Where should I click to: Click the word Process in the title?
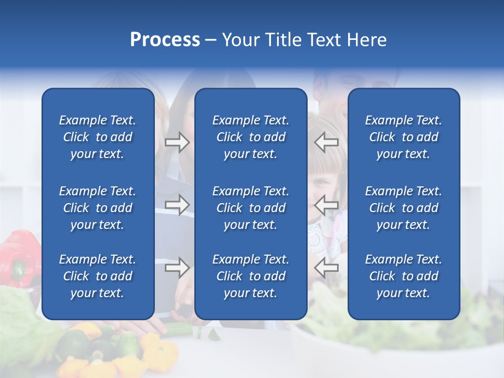click(165, 40)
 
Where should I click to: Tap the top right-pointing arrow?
click(177, 142)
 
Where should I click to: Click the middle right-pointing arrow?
click(177, 205)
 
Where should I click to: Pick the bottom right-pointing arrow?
click(177, 268)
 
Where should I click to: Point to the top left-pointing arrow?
click(327, 142)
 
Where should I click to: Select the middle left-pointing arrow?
click(327, 205)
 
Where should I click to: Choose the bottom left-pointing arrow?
click(327, 268)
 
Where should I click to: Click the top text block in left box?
click(98, 137)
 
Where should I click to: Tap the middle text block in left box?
click(98, 208)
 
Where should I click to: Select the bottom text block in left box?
click(98, 276)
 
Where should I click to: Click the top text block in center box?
click(250, 137)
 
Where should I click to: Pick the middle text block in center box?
click(250, 208)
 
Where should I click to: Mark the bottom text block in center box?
click(250, 276)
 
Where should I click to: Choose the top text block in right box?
click(403, 137)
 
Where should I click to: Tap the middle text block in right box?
click(403, 208)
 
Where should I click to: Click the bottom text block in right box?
click(403, 276)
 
